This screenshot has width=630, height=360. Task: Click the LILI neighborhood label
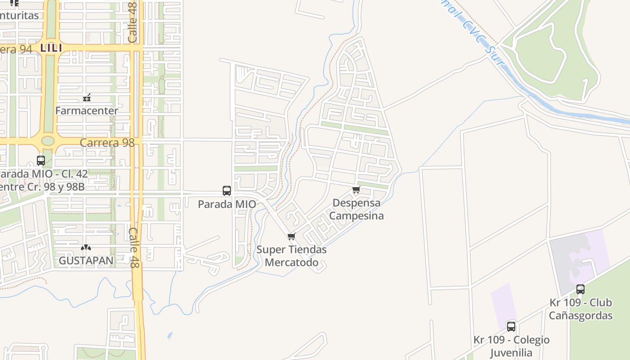click(51, 47)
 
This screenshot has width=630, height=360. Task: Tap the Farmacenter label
click(87, 110)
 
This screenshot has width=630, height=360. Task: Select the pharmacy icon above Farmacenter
click(87, 98)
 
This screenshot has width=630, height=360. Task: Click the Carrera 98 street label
click(107, 143)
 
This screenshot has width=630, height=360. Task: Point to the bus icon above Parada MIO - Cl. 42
click(40, 160)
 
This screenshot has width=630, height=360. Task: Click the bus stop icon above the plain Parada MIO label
click(227, 190)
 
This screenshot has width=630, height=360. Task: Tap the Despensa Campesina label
click(356, 209)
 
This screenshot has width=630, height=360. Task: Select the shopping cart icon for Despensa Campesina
click(356, 189)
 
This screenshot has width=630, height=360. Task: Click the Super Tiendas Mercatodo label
click(292, 256)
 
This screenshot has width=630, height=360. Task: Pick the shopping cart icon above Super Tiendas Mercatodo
click(292, 236)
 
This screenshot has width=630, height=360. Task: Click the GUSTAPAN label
click(86, 261)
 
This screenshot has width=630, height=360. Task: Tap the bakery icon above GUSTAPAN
click(86, 247)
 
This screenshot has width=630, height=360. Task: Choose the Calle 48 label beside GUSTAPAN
click(134, 247)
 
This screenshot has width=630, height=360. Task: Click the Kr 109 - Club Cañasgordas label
click(580, 309)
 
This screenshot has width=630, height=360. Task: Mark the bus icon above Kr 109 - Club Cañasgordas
click(580, 289)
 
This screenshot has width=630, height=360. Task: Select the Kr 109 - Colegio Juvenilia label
click(511, 346)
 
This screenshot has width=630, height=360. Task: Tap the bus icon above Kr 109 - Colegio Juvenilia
click(511, 327)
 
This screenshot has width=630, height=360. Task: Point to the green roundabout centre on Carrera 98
click(48, 141)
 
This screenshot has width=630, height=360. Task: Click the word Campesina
click(356, 216)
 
